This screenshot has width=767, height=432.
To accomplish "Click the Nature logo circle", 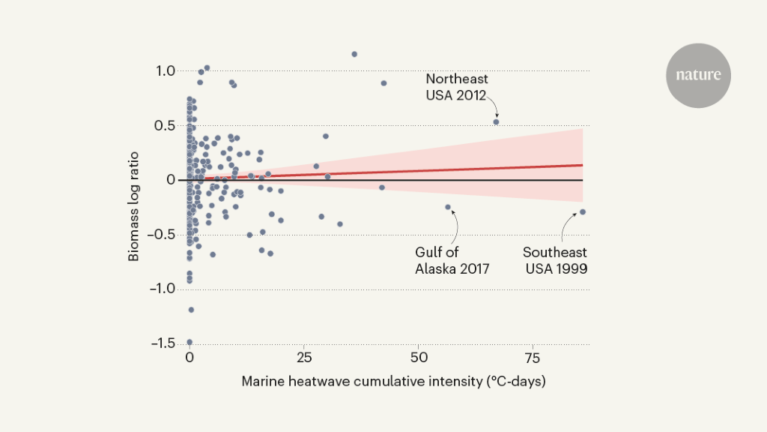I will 698,75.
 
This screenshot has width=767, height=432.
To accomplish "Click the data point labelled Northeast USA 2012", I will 496,121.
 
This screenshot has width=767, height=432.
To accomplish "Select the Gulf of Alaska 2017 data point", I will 448,207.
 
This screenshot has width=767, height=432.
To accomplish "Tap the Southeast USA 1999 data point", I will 583,211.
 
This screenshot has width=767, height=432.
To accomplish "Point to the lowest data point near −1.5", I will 190,342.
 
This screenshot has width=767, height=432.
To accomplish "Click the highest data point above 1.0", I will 354,54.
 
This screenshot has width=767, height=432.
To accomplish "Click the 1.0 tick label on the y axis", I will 166,71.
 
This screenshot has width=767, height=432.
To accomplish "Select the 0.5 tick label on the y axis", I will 166,125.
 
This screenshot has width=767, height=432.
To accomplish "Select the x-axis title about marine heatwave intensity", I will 393,382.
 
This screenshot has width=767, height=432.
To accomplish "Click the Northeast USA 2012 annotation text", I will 456,86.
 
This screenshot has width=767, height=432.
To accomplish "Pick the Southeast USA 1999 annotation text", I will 555,260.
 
